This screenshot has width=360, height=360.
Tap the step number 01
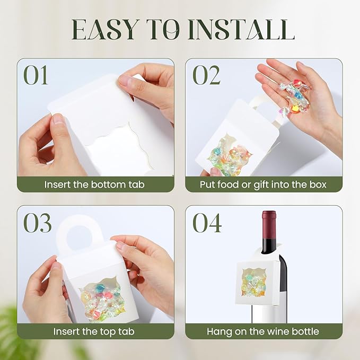click(36, 76)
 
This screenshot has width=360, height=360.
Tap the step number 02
click(206, 76)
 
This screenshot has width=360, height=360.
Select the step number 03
click(37, 223)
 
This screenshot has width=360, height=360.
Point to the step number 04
click(207, 223)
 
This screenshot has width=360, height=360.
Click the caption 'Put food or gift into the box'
click(263, 185)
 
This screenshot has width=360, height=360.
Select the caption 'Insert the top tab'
click(94, 332)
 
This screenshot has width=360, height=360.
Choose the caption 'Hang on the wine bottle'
click(263, 332)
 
